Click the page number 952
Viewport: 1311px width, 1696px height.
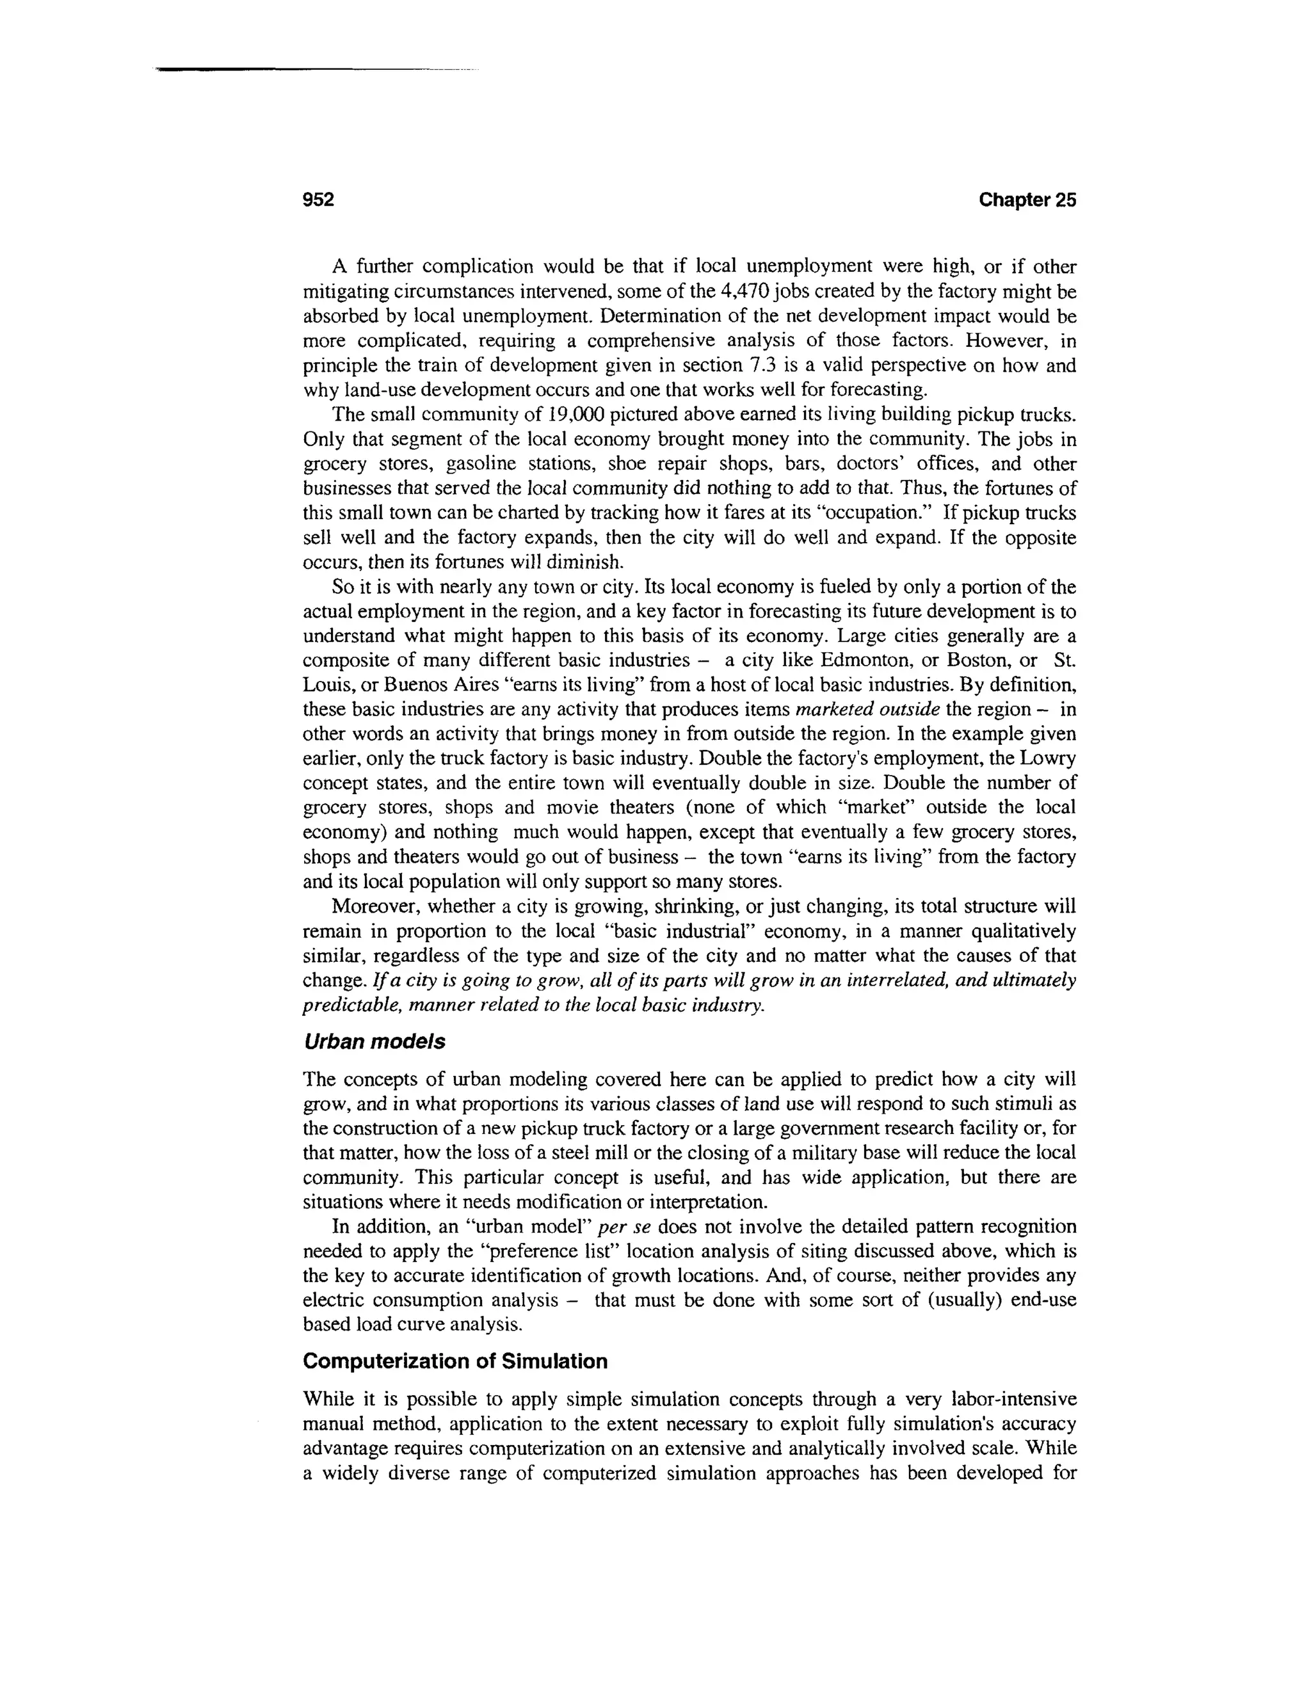318,200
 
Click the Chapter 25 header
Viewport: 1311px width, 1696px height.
1027,200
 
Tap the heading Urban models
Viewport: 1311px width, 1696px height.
374,1041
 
